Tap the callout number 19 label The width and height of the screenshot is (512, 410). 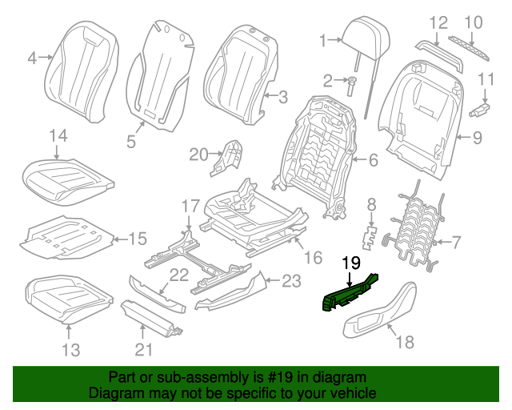[352, 262]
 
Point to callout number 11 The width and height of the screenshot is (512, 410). [486, 78]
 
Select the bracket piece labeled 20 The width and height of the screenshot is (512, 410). [228, 157]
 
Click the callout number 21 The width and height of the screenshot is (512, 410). [143, 348]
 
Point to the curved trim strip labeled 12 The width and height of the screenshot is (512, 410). [439, 56]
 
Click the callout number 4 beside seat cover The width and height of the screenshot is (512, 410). [32, 57]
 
